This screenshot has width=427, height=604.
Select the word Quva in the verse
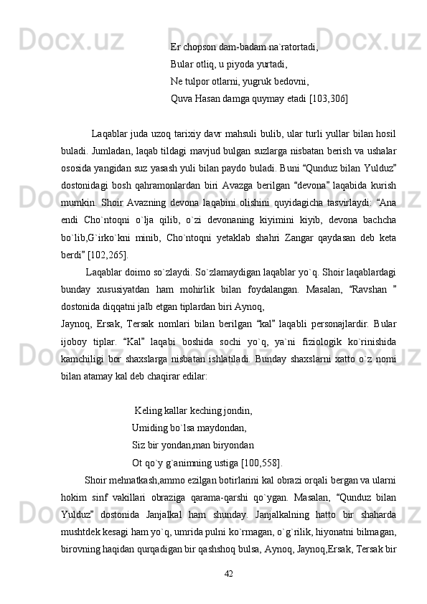[x=182, y=98]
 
